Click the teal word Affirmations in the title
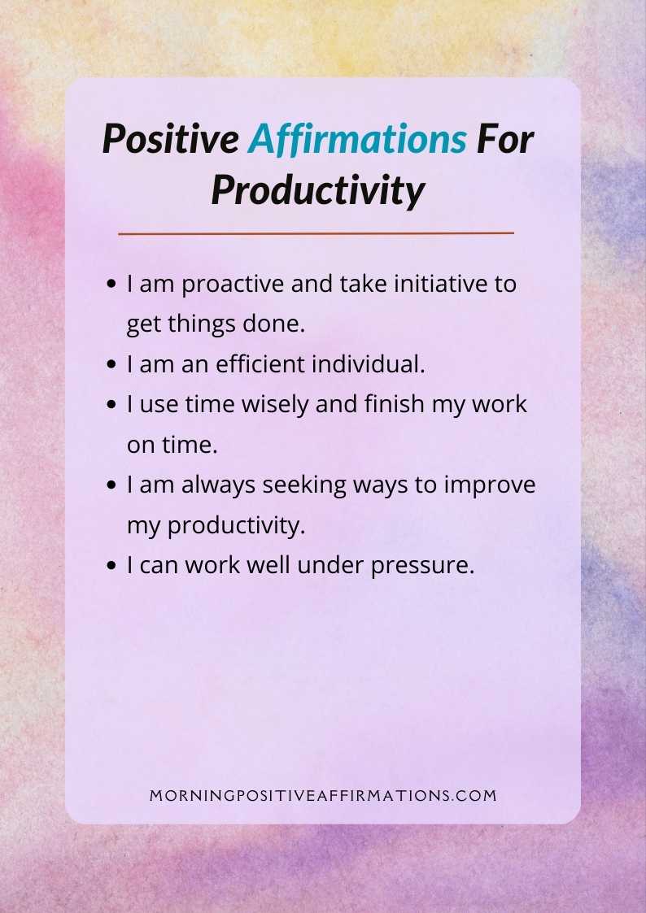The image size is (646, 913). tap(357, 141)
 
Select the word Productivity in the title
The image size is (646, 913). tap(318, 190)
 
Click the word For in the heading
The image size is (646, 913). tap(504, 140)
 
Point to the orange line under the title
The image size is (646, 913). tap(316, 233)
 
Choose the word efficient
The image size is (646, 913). tap(263, 365)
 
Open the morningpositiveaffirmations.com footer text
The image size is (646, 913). tap(323, 796)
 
